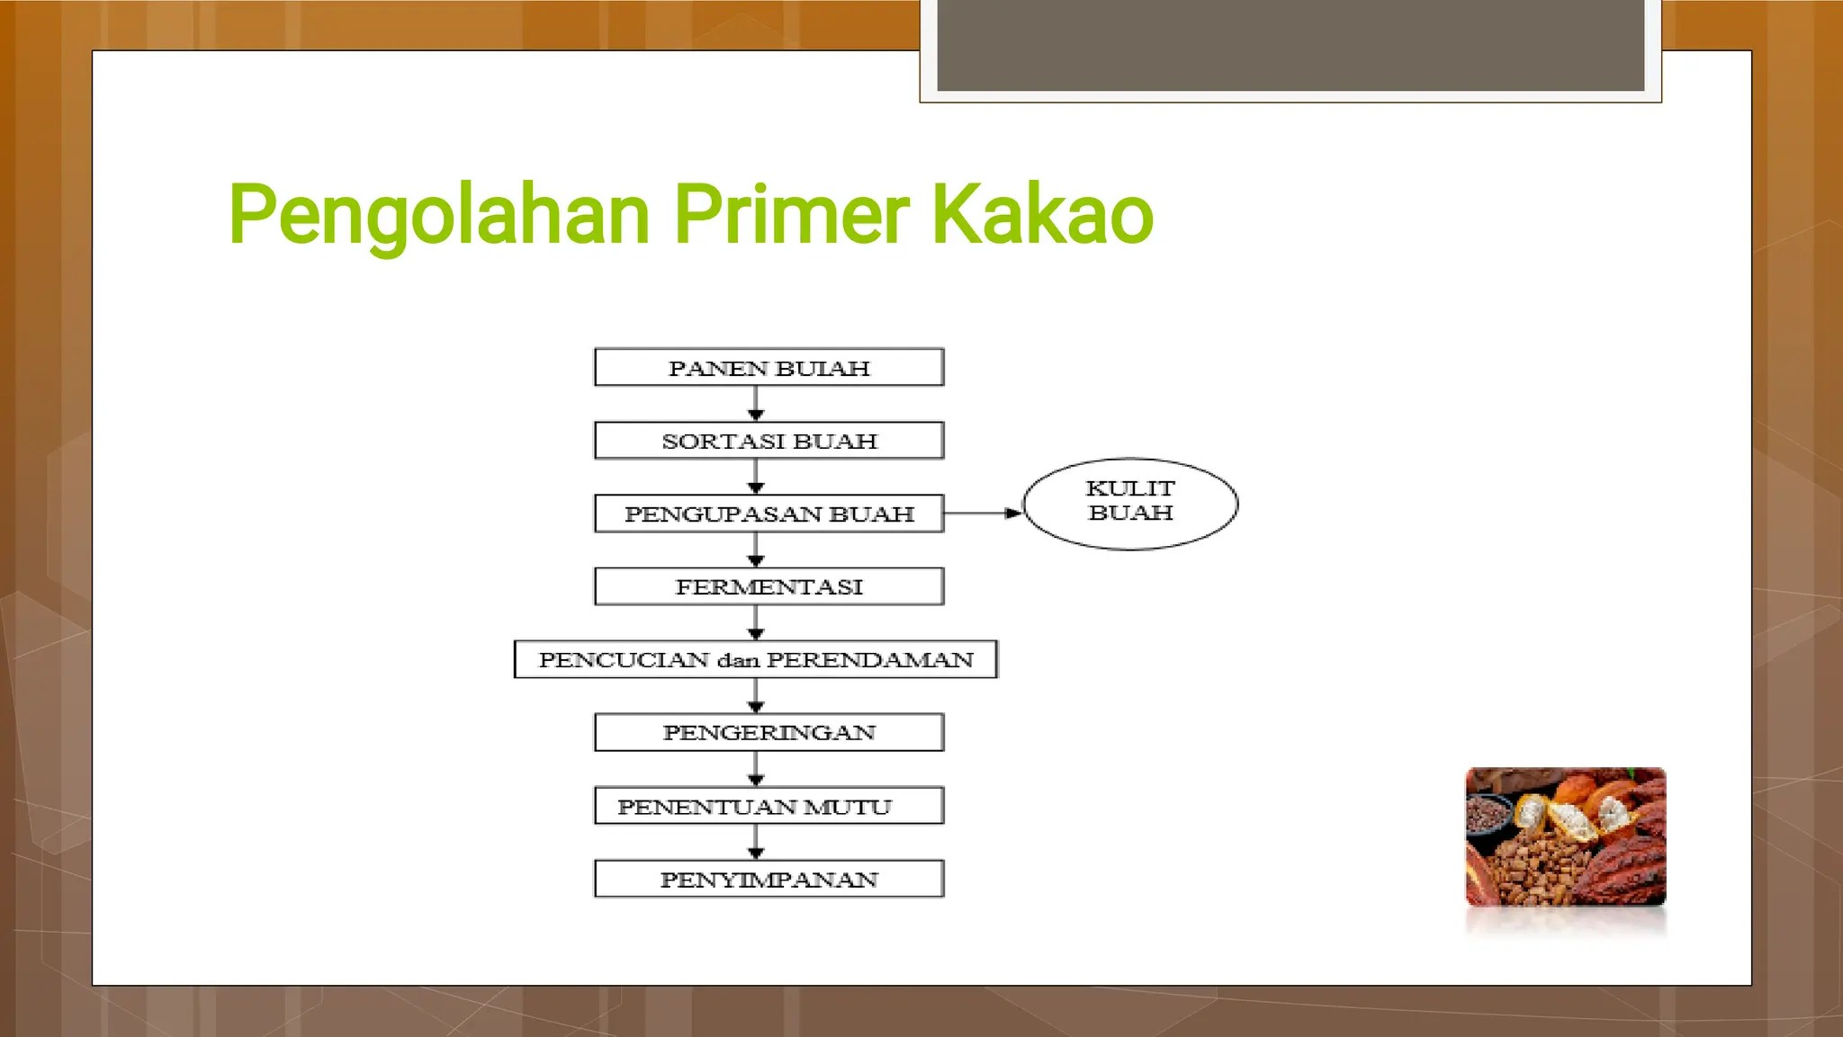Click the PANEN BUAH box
coord(769,368)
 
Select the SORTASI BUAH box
coord(769,441)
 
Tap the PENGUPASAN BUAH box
coord(769,514)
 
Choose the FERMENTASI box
coord(769,586)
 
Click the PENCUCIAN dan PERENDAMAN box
coord(755,659)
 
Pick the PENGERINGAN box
coord(769,732)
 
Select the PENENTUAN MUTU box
coord(769,806)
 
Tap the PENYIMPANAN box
coord(769,879)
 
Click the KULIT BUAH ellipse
coord(1130,504)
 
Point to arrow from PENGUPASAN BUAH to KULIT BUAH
coord(983,514)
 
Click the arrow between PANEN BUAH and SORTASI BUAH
coord(756,403)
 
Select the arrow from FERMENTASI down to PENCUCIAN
coord(756,621)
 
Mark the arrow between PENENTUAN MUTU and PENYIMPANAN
coord(756,841)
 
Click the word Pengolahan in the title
coord(439,216)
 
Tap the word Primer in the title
coord(791,216)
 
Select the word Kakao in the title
coord(1041,216)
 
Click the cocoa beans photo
coord(1565,836)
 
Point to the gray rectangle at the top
coord(1290,45)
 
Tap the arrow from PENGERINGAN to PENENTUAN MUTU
coord(756,768)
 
